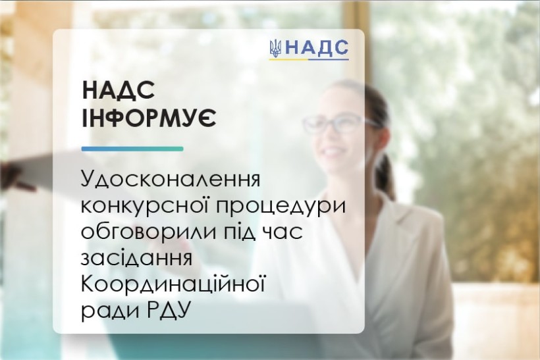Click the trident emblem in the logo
click(x=275, y=48)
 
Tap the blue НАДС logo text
click(x=317, y=48)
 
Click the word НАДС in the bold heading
click(x=118, y=91)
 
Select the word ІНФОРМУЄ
click(x=149, y=118)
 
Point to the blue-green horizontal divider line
click(x=132, y=149)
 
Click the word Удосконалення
click(x=170, y=180)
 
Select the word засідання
click(x=136, y=258)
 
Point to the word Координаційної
click(x=173, y=284)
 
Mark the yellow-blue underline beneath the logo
click(x=309, y=59)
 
